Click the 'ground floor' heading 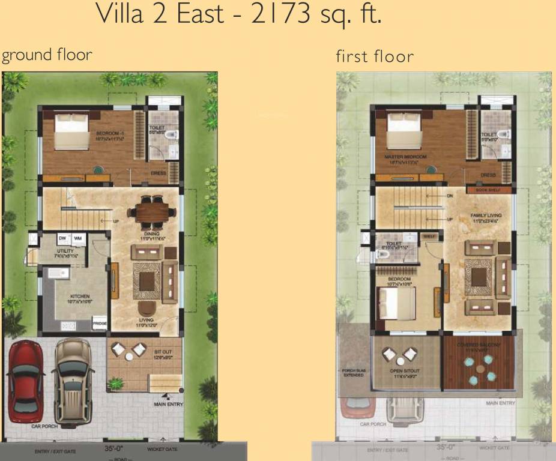click(47, 55)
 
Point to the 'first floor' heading click(375, 56)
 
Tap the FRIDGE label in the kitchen click(100, 324)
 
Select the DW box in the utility click(62, 239)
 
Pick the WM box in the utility click(77, 239)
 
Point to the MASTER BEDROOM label click(405, 157)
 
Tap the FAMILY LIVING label click(486, 215)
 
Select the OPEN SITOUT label click(405, 371)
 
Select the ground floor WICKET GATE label click(162, 448)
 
